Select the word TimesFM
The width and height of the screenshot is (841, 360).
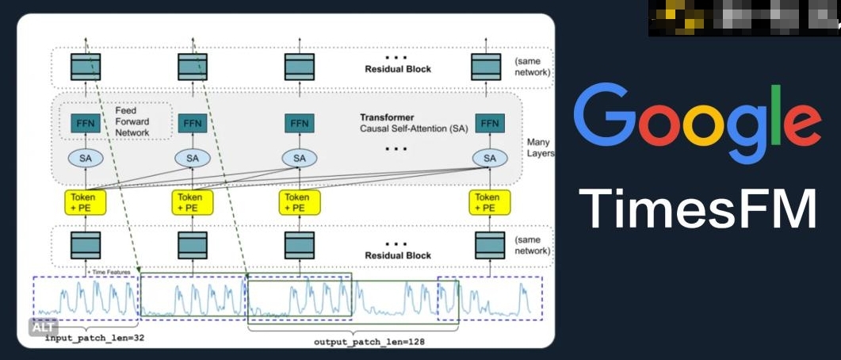click(x=698, y=209)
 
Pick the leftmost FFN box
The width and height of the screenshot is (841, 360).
click(x=86, y=124)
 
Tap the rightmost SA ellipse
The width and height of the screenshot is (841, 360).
click(x=489, y=158)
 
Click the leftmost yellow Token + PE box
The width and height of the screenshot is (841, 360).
click(x=86, y=202)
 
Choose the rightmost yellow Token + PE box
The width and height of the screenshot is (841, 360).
click(x=488, y=202)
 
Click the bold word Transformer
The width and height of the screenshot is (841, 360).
click(x=387, y=117)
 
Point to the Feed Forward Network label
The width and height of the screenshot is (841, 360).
click(x=132, y=121)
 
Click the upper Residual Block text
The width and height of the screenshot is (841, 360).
click(x=397, y=70)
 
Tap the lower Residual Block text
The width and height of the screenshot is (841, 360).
click(x=397, y=255)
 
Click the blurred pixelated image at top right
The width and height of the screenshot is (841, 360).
click(x=744, y=17)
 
